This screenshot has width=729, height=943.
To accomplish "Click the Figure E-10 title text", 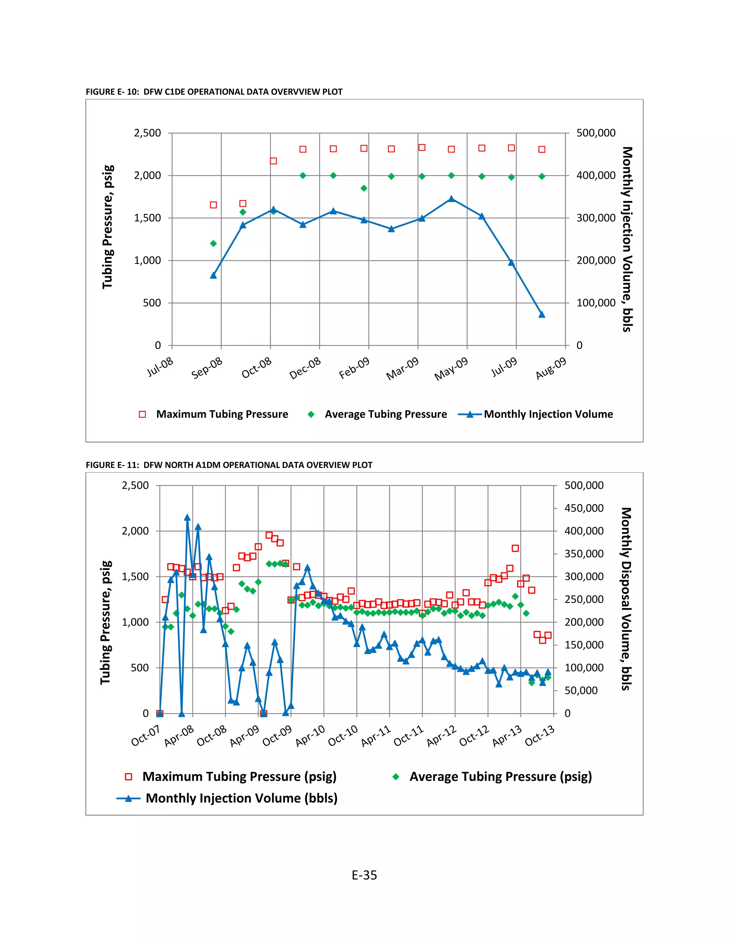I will point(214,92).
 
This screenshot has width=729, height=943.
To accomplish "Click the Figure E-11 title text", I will point(229,465).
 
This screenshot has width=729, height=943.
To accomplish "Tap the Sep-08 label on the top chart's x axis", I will point(207,368).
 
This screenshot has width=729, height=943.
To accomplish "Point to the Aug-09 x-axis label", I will point(551,368).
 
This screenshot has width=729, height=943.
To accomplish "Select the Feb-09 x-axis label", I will point(355,368).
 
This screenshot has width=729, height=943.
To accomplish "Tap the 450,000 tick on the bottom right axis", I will point(584,508).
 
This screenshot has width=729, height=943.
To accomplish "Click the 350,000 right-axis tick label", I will point(584,554).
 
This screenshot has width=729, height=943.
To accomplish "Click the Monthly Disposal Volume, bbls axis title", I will point(626,599).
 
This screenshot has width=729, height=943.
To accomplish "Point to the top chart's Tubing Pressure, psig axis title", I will point(107,227).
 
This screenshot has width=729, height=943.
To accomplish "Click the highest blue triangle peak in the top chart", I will point(451,199).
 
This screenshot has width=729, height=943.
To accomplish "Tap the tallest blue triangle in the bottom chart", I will point(187,518).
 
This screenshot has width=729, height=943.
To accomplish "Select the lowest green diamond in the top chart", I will point(213,243).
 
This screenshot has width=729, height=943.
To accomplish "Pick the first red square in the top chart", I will point(213,205).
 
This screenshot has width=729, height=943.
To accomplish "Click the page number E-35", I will point(364,875).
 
